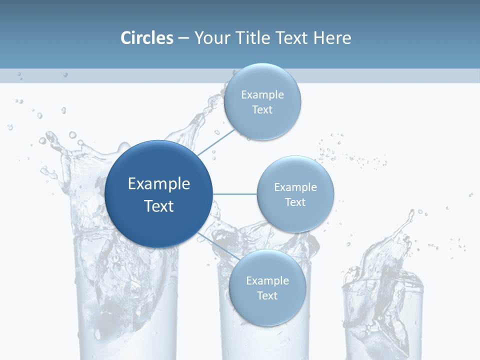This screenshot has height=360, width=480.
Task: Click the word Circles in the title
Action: pyautogui.click(x=146, y=38)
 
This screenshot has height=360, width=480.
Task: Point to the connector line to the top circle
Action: pyautogui.click(x=216, y=141)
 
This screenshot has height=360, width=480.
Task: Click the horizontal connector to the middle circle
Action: pyautogui.click(x=235, y=194)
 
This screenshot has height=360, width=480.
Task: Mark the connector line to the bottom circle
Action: pyautogui.click(x=216, y=244)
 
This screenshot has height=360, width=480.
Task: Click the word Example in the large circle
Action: pyautogui.click(x=158, y=184)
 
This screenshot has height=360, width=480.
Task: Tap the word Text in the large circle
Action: pyautogui.click(x=158, y=206)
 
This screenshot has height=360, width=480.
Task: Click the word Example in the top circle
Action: pyautogui.click(x=262, y=95)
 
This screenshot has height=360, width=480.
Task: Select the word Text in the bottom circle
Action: pyautogui.click(x=267, y=295)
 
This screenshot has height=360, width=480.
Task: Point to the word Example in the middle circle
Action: pyautogui.click(x=295, y=187)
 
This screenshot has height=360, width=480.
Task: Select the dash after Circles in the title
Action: pyautogui.click(x=183, y=38)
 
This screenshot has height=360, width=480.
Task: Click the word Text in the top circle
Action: pyautogui.click(x=262, y=110)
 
